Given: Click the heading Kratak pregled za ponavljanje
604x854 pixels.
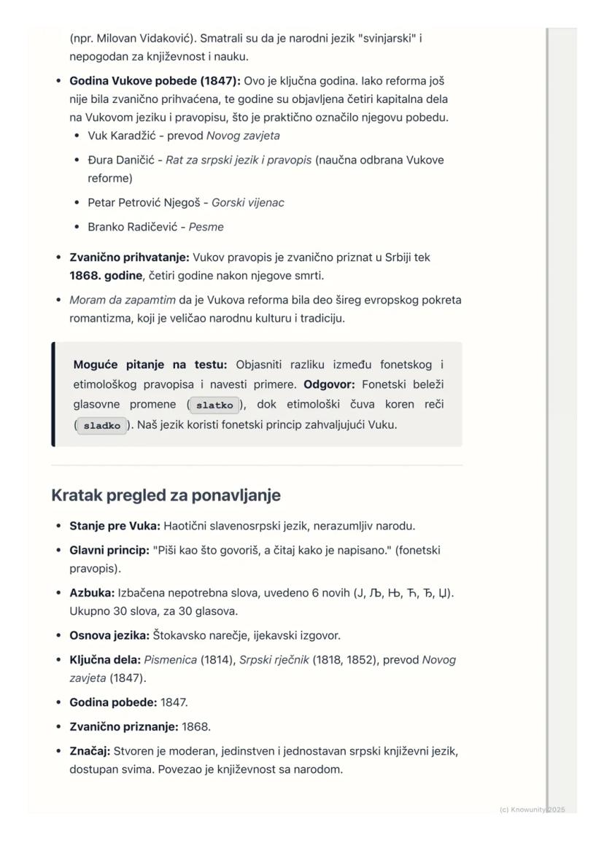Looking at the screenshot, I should click(x=166, y=495).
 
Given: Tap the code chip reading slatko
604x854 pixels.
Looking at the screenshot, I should click(x=214, y=405).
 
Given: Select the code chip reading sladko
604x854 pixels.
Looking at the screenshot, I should click(x=101, y=426).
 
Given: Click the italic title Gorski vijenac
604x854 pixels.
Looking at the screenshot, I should click(x=247, y=203).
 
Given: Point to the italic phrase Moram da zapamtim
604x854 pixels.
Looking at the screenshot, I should click(x=122, y=300).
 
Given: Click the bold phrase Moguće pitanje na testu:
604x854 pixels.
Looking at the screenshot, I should click(x=150, y=365).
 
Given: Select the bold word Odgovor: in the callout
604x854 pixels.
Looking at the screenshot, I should click(x=330, y=384).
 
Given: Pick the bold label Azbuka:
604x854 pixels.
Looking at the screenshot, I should click(x=92, y=593).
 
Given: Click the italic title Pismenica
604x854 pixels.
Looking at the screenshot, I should click(x=170, y=660).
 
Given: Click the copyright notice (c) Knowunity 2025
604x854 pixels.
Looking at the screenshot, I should click(x=533, y=810).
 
